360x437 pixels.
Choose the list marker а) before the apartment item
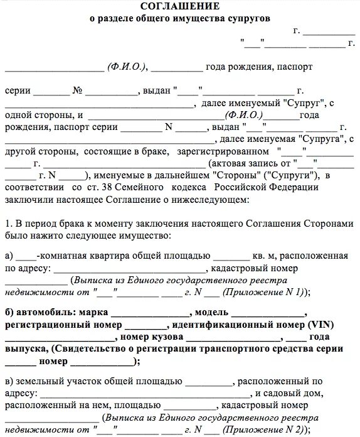point(9,256)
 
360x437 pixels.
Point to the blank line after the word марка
point(150,313)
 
